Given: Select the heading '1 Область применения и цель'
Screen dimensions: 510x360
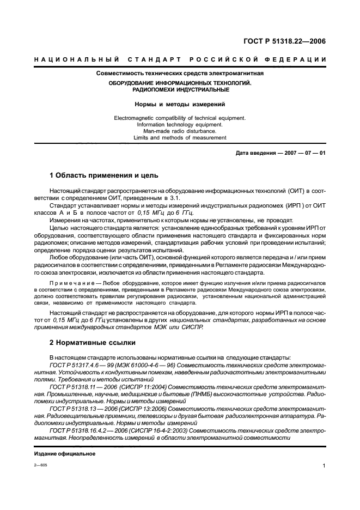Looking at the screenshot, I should click(103, 175).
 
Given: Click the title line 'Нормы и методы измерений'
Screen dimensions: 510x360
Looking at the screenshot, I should click(180, 104).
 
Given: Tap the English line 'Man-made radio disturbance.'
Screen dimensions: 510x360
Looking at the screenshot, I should click(180, 131).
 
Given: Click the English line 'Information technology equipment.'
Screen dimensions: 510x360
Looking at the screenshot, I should click(180, 124).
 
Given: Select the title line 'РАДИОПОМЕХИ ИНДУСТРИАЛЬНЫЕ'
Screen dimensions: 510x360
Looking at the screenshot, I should click(180, 89).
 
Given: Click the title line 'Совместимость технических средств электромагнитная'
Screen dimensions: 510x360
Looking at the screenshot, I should click(180, 73).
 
